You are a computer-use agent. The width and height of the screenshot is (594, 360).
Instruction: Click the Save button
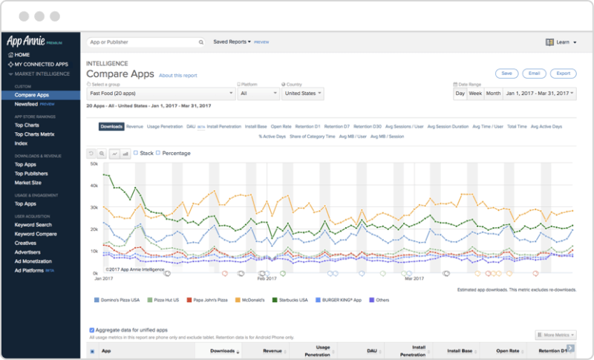click(x=506, y=73)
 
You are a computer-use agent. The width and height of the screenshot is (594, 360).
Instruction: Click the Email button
click(x=533, y=73)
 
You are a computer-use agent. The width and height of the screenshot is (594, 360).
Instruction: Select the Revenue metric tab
click(x=134, y=127)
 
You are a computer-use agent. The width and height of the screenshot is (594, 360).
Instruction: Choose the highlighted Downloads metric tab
click(x=111, y=127)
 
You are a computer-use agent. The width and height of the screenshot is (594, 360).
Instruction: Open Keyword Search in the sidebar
click(x=33, y=224)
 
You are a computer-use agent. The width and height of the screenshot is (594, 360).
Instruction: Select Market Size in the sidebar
click(x=27, y=182)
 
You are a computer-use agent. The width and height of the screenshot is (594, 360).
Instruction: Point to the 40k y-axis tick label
click(x=94, y=185)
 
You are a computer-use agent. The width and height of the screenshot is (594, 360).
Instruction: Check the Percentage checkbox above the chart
click(x=158, y=153)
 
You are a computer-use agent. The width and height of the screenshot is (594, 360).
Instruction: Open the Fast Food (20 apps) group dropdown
click(x=160, y=94)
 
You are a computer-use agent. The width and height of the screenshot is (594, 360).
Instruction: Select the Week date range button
click(x=475, y=94)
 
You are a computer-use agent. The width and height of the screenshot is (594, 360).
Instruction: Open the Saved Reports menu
click(x=232, y=42)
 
